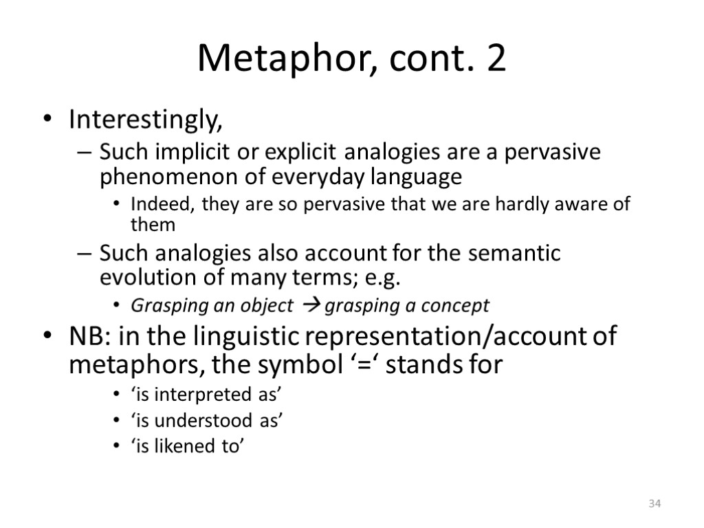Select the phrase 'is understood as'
tap(207, 421)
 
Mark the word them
tap(153, 224)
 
